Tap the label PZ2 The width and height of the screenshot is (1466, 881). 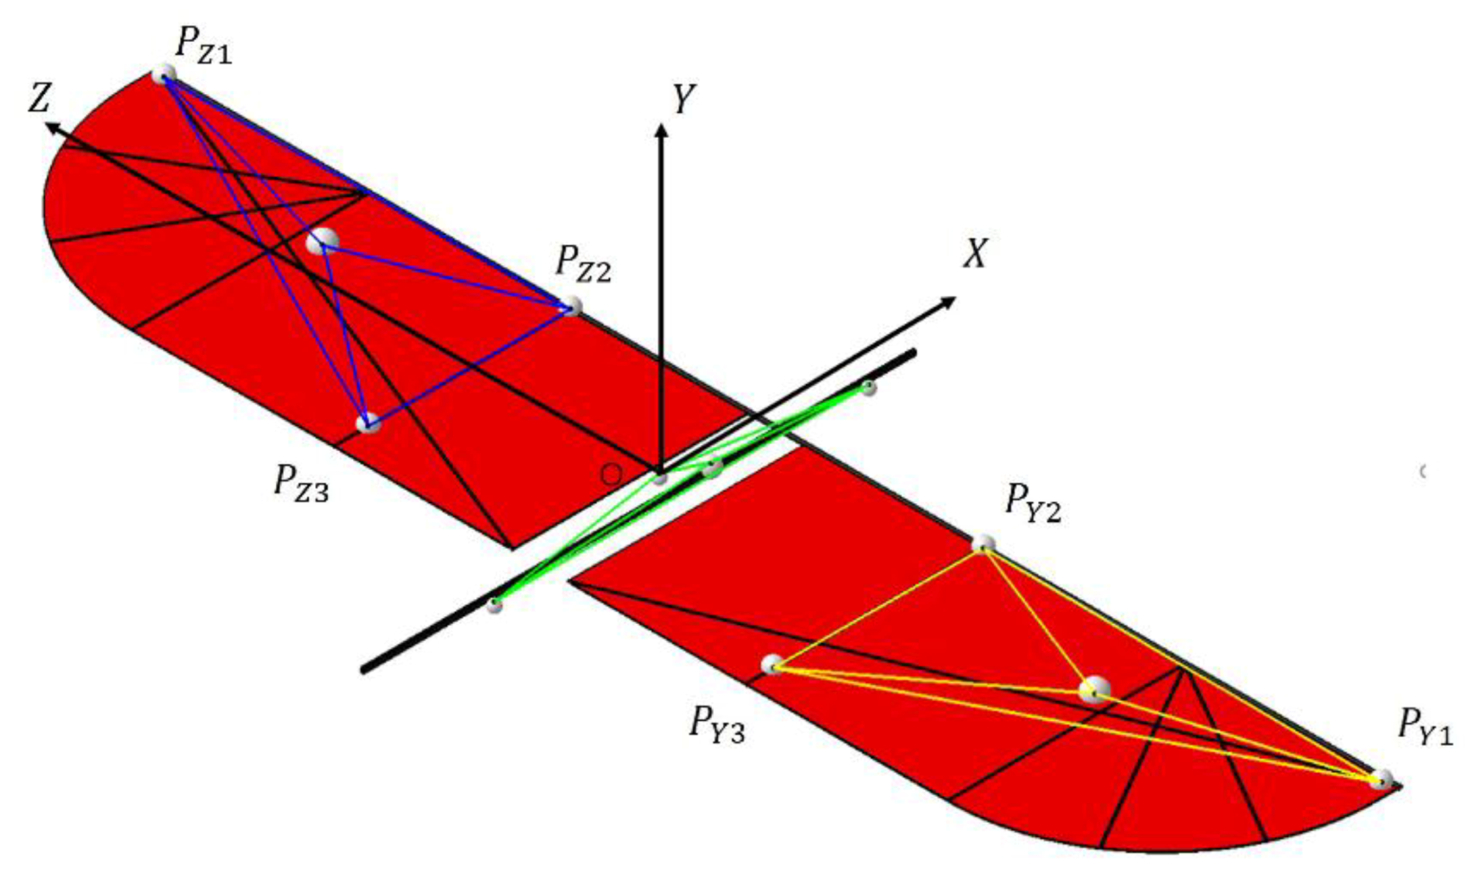(x=583, y=264)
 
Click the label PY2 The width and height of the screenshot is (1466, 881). (x=1033, y=502)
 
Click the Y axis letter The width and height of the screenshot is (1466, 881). (x=683, y=100)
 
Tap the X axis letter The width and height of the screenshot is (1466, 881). (x=976, y=254)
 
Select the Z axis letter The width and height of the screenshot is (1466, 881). (x=39, y=98)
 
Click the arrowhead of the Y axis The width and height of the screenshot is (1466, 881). (x=661, y=131)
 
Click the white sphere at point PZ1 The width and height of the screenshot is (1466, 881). (x=163, y=74)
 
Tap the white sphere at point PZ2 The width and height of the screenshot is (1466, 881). (x=570, y=308)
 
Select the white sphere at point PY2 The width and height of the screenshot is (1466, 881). (x=983, y=543)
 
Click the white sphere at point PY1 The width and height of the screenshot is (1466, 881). (x=1381, y=779)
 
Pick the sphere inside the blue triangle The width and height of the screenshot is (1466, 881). (x=321, y=241)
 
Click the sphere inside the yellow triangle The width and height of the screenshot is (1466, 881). (x=1093, y=690)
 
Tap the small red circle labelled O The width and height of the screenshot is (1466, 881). (x=611, y=474)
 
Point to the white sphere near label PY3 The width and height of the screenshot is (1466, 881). (x=772, y=664)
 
